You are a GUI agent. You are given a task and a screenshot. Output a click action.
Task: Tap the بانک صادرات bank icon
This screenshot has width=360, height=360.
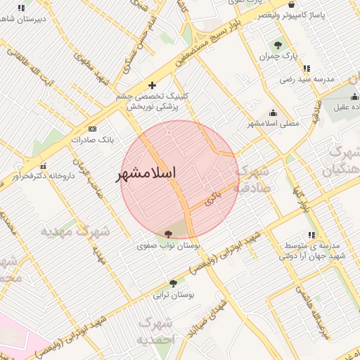tap(92, 129)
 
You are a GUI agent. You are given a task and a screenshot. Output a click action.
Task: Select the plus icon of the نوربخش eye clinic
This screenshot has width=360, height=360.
tap(152, 85)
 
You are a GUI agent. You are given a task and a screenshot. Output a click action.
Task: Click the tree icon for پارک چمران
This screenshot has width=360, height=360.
tap(278, 45)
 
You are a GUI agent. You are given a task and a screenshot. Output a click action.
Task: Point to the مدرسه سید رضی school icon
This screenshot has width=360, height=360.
tap(307, 68)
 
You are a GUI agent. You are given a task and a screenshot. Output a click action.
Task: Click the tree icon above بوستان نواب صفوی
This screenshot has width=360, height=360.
tap(168, 234)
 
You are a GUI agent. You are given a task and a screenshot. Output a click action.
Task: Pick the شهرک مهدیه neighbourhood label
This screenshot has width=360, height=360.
tap(75, 231)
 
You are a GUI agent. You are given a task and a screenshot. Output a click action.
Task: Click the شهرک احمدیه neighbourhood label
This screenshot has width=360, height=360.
tap(155, 330)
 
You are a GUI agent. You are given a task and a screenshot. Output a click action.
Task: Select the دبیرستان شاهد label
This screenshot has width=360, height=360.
tap(21, 18)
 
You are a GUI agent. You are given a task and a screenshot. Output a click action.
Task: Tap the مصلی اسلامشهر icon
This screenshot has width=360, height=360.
tap(273, 112)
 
